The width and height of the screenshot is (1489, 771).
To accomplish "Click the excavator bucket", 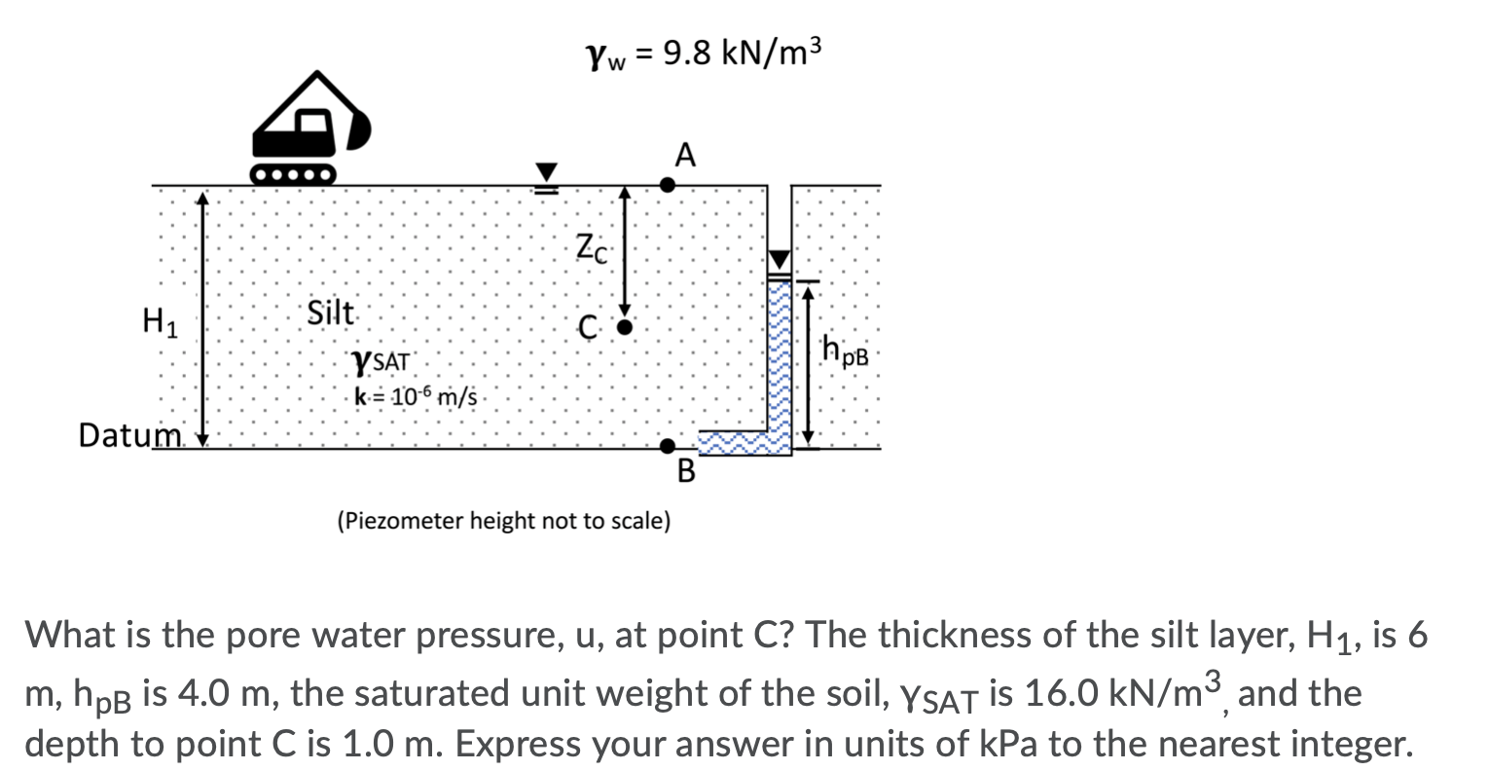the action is click(359, 129).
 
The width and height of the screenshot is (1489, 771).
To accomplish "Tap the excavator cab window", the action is click(312, 122).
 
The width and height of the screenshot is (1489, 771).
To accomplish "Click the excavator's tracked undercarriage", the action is click(293, 175).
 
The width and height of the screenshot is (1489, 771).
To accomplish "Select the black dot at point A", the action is click(668, 185).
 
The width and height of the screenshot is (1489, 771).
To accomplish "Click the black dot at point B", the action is click(668, 446).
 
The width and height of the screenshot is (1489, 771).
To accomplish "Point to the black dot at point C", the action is click(624, 327).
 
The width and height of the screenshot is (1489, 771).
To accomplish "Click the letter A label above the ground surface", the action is click(685, 156).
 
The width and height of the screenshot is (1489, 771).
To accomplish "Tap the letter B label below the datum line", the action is click(686, 470).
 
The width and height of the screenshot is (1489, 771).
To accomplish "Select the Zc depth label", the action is click(592, 248).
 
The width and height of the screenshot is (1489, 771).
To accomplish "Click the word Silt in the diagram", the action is click(330, 312).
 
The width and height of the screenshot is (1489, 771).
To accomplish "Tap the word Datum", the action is click(129, 435).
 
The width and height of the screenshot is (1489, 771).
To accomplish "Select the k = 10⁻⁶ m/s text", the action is click(416, 397).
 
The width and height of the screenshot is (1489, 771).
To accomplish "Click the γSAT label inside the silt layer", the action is click(381, 363).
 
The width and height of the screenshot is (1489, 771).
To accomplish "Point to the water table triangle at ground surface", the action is click(546, 171).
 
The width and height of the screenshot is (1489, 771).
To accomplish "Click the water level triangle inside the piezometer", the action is click(780, 260).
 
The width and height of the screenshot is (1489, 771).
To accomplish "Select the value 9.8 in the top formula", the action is click(687, 53).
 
